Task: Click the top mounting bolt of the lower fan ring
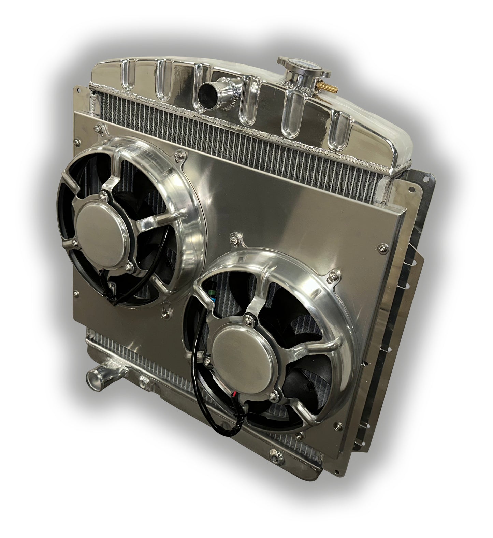pyautogui.click(x=235, y=240)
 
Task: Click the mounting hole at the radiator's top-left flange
pyautogui.click(x=78, y=90)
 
